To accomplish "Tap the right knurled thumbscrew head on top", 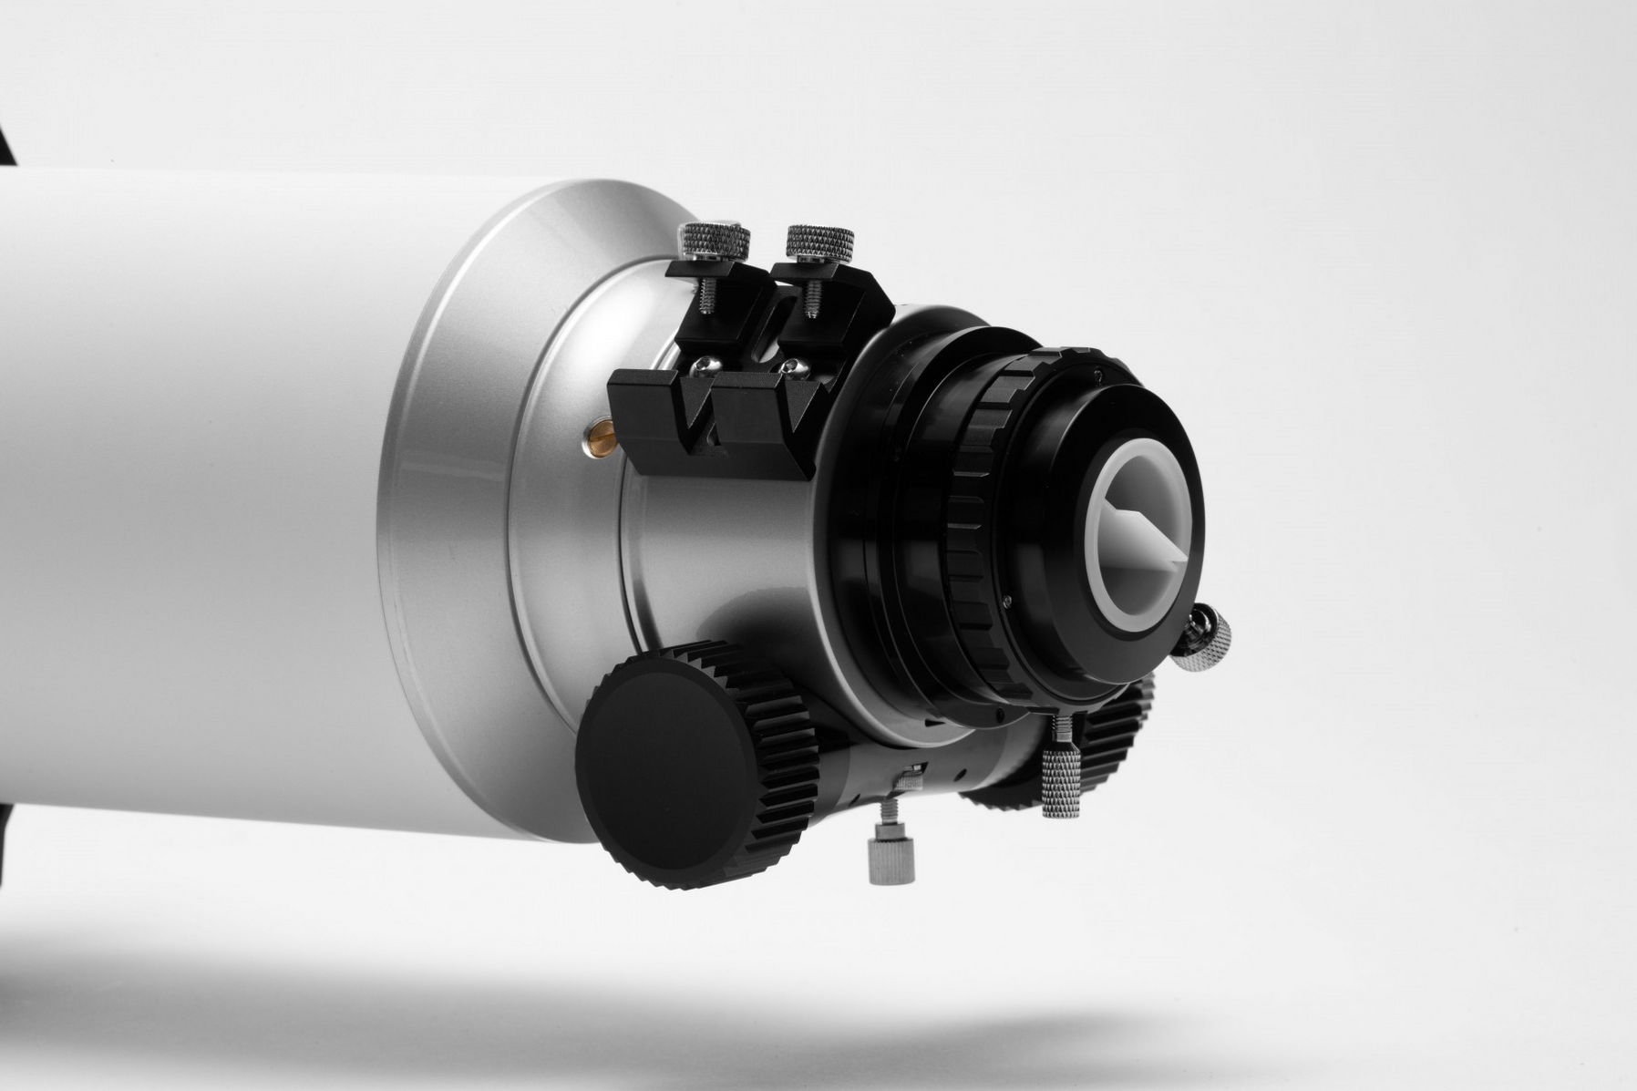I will coord(819,241).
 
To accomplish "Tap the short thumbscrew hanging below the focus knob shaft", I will coord(891,857).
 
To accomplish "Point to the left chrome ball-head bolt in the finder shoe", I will coord(706,366).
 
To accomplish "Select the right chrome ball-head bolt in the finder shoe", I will coord(794,367).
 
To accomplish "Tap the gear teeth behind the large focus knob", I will coord(784,729).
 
